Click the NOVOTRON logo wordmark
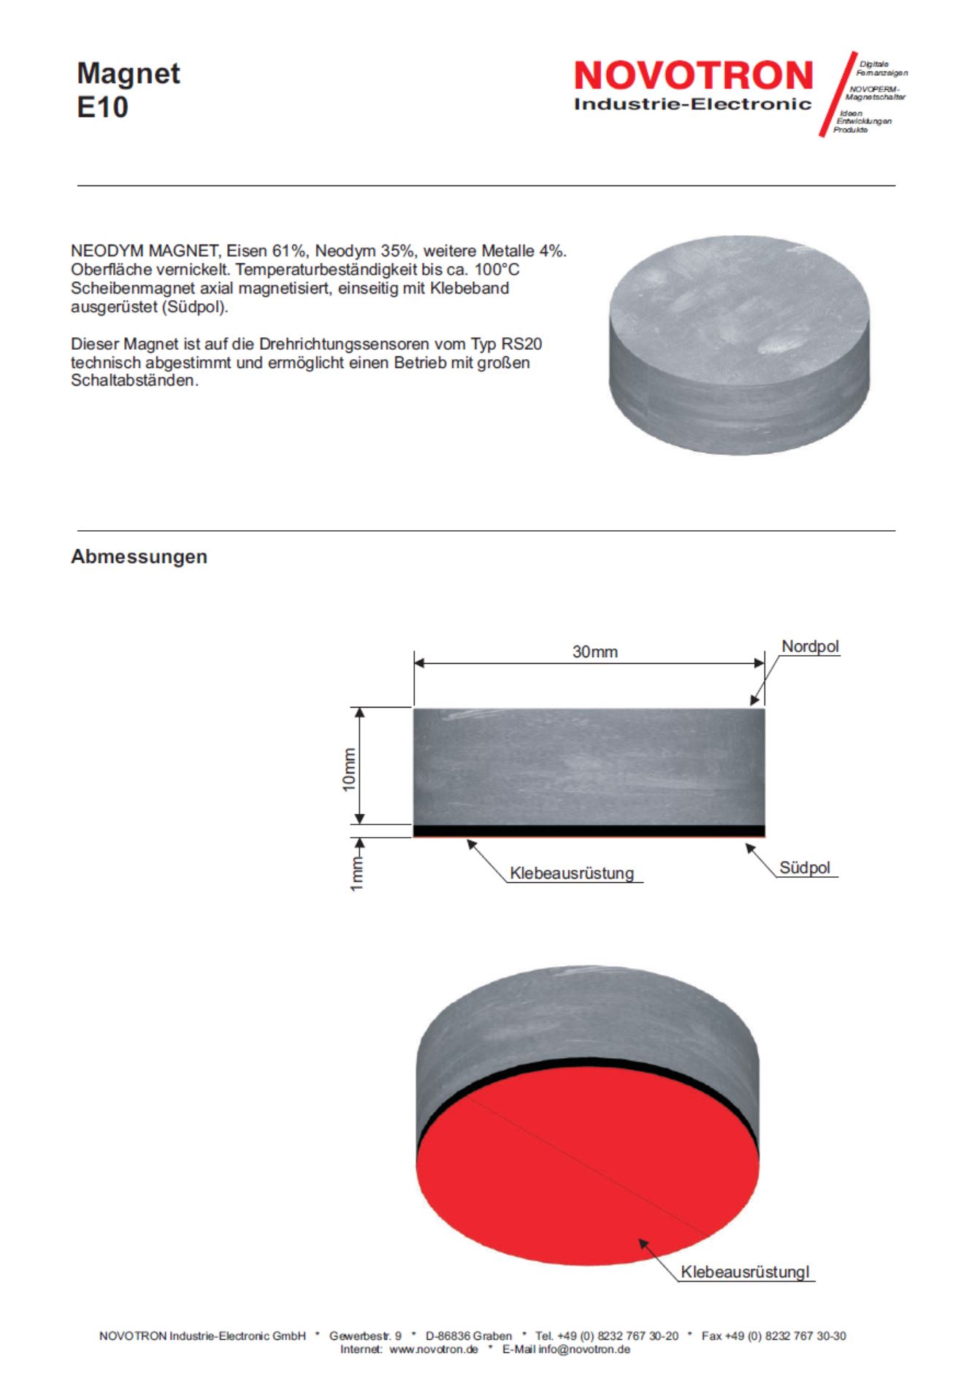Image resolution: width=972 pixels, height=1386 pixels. (693, 76)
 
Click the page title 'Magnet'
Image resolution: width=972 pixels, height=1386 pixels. (129, 74)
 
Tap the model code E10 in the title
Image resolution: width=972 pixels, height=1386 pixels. (102, 107)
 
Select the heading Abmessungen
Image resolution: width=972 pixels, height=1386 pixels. (139, 556)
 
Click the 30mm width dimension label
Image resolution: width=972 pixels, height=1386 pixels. (594, 651)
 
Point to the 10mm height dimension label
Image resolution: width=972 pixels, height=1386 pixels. (349, 769)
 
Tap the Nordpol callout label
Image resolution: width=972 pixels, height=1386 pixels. (810, 646)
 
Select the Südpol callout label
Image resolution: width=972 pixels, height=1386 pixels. (805, 868)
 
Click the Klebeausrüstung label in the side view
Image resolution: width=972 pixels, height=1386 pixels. (572, 873)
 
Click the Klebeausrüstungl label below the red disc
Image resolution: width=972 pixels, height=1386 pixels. (745, 1271)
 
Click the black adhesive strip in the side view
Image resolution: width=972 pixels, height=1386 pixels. (589, 830)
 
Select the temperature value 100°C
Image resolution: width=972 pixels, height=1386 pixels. (497, 269)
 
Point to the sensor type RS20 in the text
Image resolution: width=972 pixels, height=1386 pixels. (521, 344)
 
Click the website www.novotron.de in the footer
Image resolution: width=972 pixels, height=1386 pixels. (434, 1349)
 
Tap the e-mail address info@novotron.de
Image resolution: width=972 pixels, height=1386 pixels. (584, 1349)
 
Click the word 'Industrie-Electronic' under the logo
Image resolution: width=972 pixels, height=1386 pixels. (692, 104)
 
